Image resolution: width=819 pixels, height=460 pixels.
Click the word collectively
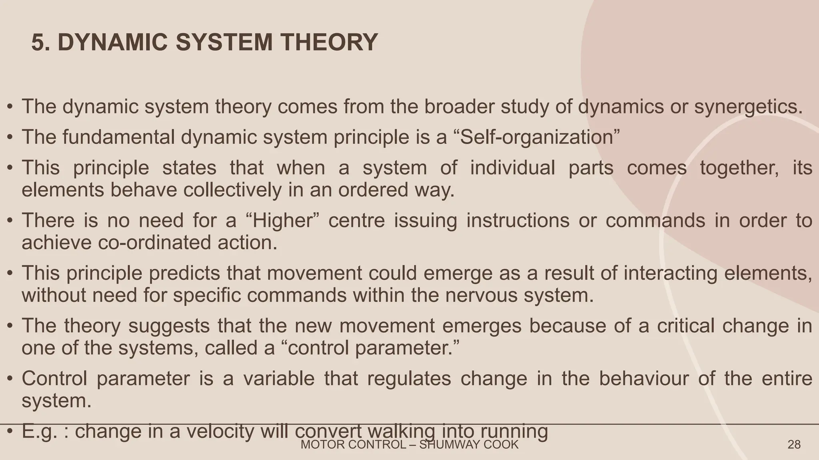(232, 190)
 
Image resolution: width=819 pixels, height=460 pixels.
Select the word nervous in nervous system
(481, 295)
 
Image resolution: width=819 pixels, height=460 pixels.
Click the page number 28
(794, 445)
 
